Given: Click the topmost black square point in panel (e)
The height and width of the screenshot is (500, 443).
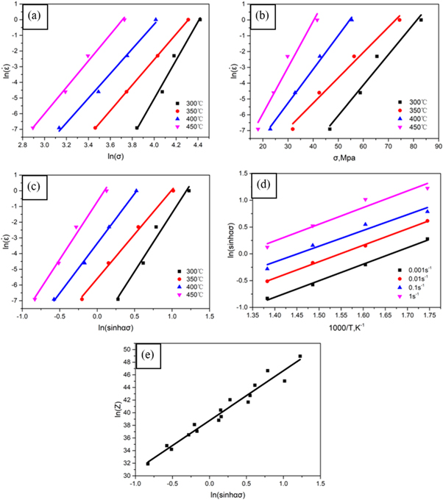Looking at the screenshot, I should coord(300,356).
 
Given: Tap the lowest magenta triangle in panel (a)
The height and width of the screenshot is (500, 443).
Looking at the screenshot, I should coord(32,128).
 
